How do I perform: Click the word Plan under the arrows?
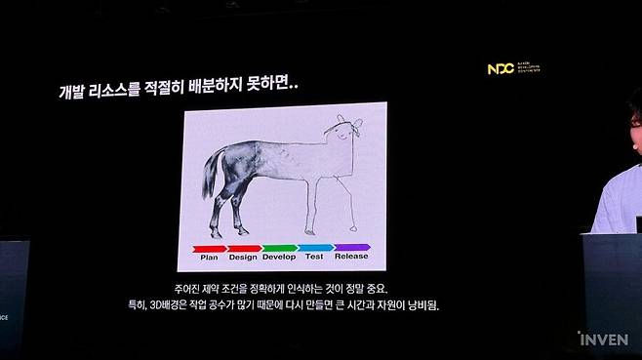[209, 258]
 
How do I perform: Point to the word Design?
[243, 258]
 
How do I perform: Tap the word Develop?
[278, 258]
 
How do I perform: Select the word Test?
[314, 258]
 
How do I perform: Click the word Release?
[351, 258]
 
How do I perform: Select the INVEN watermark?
[604, 340]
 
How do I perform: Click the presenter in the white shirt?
[621, 195]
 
